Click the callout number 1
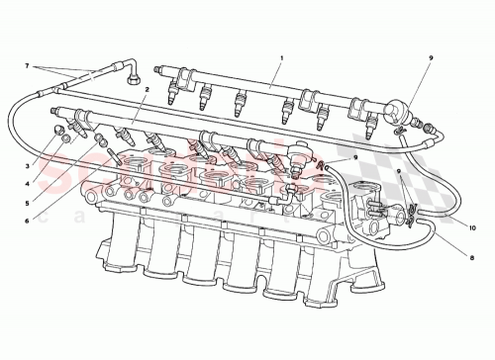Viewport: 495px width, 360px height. (x=281, y=58)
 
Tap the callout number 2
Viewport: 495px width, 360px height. (x=146, y=90)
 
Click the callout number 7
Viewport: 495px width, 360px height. (x=28, y=67)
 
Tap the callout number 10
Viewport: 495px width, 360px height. (x=472, y=228)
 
